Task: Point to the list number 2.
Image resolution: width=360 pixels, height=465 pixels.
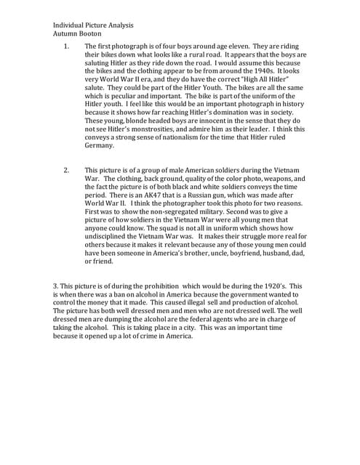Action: (66, 170)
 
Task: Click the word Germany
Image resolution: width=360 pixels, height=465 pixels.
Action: (100, 145)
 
